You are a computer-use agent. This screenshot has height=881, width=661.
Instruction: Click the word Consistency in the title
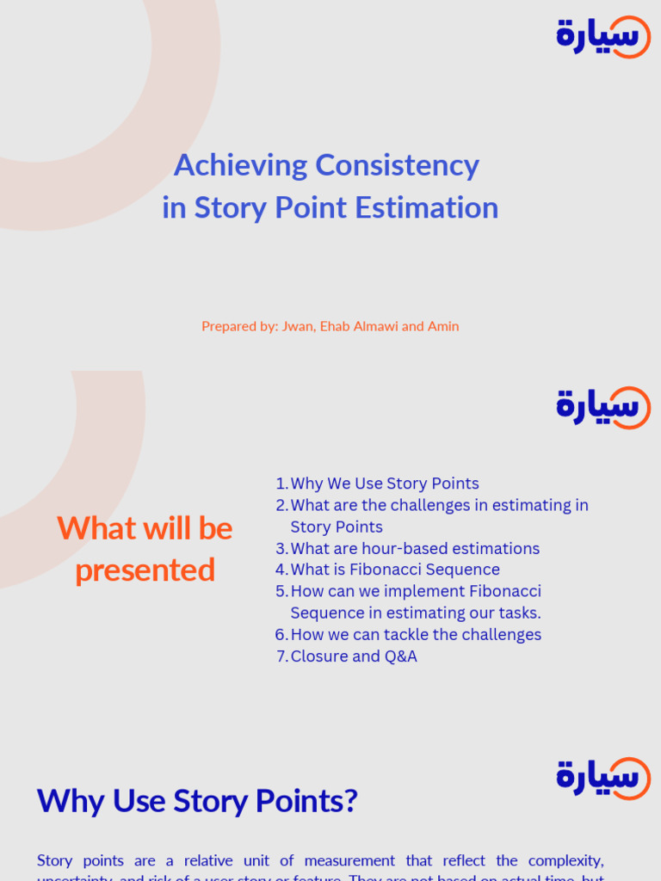397,164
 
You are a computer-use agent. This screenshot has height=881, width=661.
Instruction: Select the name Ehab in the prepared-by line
337,326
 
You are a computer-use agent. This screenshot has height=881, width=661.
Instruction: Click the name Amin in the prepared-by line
443,326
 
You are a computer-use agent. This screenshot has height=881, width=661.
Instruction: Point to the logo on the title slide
603,37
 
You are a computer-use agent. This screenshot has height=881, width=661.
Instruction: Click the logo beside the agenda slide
603,407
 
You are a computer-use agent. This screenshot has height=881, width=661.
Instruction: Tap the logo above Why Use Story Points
603,778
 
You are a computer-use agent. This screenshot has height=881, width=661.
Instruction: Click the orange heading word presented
145,570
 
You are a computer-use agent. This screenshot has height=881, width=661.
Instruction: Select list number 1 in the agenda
281,484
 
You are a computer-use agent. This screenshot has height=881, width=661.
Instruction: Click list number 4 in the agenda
281,570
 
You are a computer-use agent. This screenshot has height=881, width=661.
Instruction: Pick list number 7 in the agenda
281,657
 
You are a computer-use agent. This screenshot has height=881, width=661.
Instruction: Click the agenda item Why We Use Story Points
385,484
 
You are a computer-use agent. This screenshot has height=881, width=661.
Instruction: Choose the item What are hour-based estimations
415,548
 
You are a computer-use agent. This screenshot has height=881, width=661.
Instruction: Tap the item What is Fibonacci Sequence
395,570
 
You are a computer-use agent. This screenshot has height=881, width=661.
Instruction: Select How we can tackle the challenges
416,634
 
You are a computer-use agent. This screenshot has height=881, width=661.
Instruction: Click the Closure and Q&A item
354,656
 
